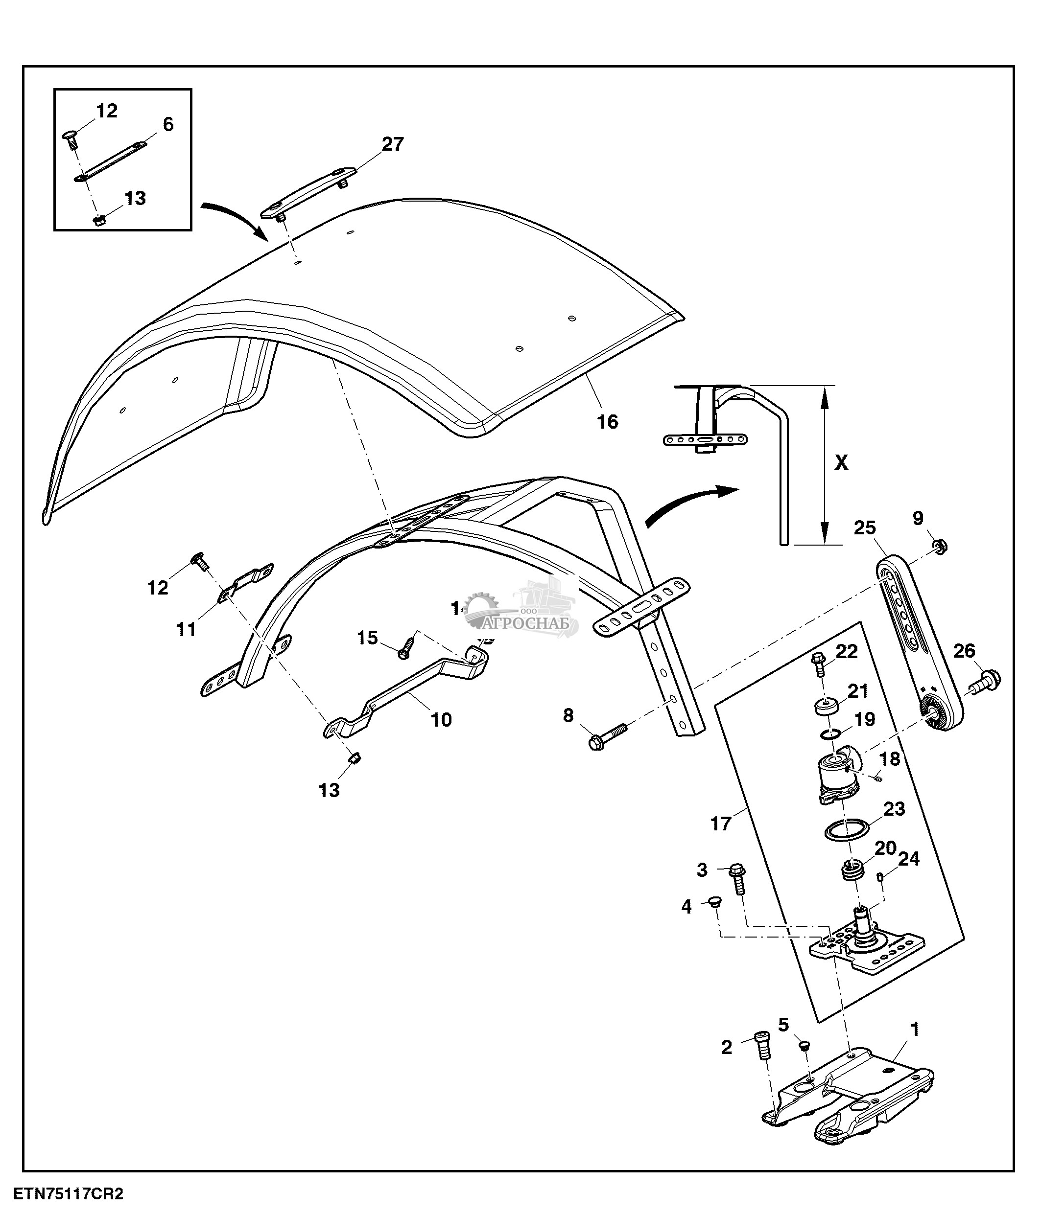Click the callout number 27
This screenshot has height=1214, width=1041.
pos(392,144)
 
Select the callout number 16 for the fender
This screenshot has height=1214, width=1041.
pos(607,421)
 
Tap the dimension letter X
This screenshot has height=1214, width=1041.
pos(841,463)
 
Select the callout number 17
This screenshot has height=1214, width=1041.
pos(720,824)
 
